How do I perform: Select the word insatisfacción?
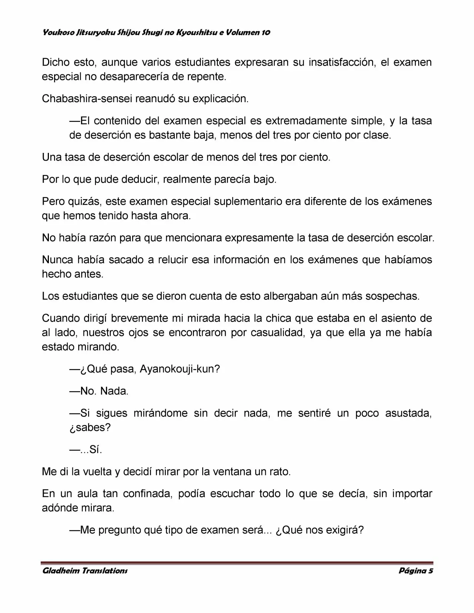click(339, 62)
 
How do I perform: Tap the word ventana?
click(221, 472)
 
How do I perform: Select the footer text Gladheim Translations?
click(85, 570)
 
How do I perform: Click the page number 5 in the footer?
click(430, 570)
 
